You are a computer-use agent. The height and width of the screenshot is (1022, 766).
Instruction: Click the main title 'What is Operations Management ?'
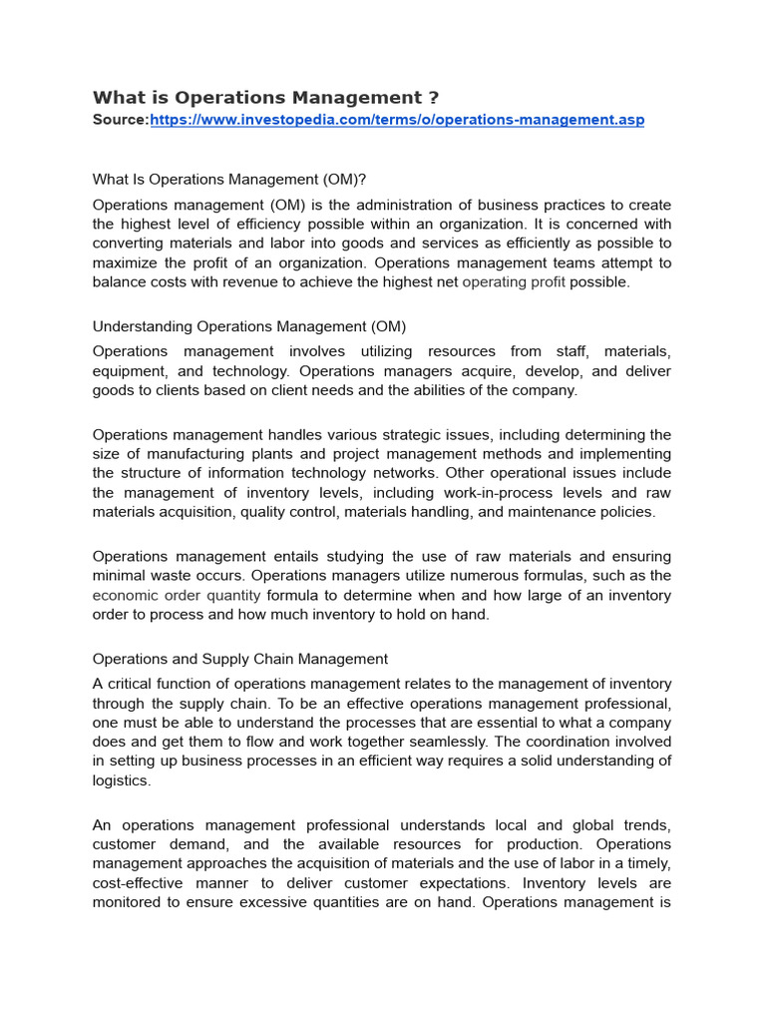[265, 98]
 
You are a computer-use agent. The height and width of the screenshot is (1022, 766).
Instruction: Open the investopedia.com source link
[397, 120]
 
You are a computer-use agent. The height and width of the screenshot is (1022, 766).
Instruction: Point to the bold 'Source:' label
[121, 120]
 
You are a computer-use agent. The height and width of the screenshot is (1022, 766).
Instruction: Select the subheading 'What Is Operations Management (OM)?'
[229, 180]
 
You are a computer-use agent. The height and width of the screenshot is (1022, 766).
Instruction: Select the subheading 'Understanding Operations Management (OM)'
[249, 326]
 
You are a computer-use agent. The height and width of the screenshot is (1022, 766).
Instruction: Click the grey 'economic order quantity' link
[177, 595]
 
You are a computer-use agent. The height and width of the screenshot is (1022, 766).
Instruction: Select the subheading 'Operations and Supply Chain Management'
[240, 659]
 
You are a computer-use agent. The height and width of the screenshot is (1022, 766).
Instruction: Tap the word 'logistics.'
[122, 780]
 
